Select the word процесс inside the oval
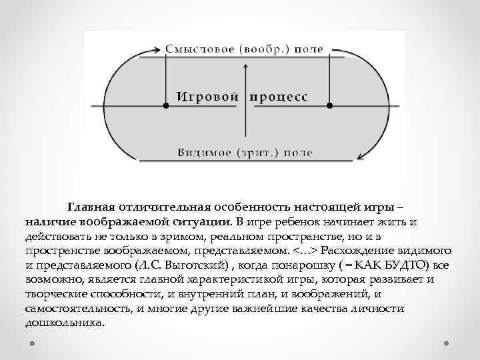pyautogui.click(x=279, y=97)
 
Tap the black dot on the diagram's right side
pyautogui.click(x=329, y=105)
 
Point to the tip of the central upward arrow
pyautogui.click(x=246, y=65)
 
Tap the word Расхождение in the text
pyautogui.click(x=367, y=251)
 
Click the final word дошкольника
pyautogui.click(x=63, y=324)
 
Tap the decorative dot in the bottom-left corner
pyautogui.click(x=33, y=345)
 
